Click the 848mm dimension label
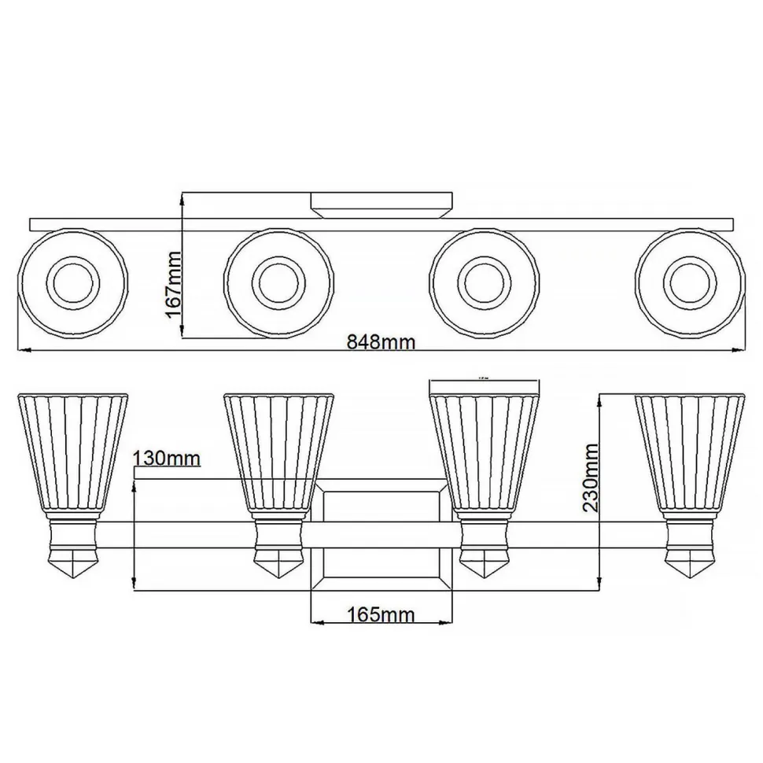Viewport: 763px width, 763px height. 381,341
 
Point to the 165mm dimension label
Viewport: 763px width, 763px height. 381,614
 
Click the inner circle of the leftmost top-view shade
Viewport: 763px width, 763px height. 72,282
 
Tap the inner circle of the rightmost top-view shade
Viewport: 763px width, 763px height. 690,282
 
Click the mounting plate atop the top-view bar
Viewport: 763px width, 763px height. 381,204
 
